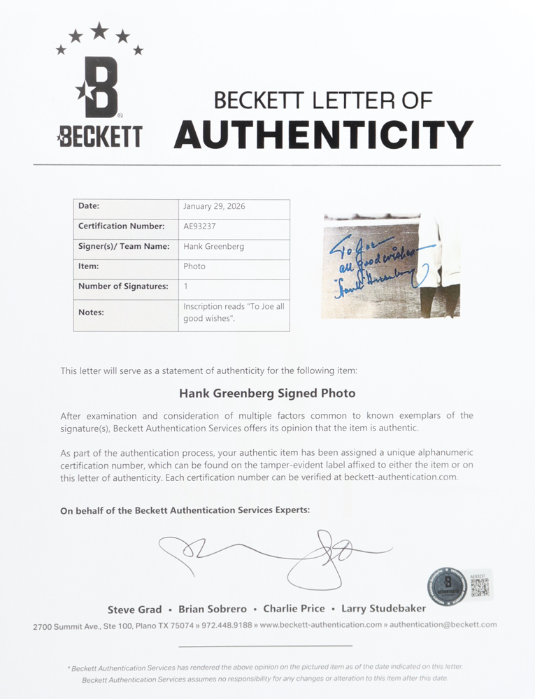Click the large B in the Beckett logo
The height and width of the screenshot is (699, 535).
click(x=99, y=87)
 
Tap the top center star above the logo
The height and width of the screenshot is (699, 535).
click(x=99, y=30)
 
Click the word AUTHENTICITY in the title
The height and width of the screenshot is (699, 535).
click(x=324, y=134)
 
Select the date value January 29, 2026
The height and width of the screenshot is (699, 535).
click(x=214, y=207)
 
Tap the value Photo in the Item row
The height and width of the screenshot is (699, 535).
click(x=194, y=266)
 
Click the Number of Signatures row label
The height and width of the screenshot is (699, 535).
click(x=123, y=287)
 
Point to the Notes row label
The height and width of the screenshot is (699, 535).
click(x=91, y=312)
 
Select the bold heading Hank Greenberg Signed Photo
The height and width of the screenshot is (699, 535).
click(x=266, y=394)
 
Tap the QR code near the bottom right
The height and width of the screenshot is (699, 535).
click(x=479, y=586)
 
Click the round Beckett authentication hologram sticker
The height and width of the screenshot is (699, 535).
click(x=447, y=586)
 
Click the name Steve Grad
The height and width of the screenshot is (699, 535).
click(x=134, y=610)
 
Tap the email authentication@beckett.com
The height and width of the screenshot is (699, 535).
click(x=443, y=625)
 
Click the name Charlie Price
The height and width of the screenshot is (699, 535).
click(x=290, y=609)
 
